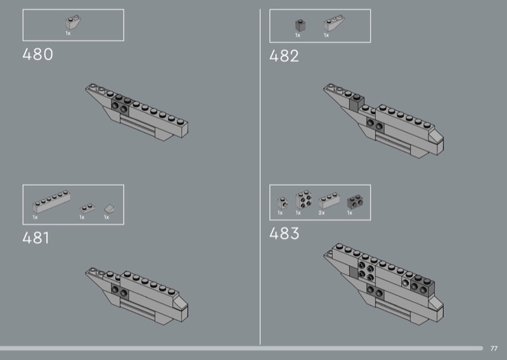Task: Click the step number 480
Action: pyautogui.click(x=37, y=55)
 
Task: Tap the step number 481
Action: pyautogui.click(x=35, y=238)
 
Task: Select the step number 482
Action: pyautogui.click(x=284, y=56)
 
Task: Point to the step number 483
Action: pyautogui.click(x=284, y=233)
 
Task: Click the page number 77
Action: pyautogui.click(x=494, y=348)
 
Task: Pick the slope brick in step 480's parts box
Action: pyautogui.click(x=70, y=23)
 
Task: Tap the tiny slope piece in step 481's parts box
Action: pyautogui.click(x=109, y=208)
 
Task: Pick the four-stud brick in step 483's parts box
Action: pyautogui.click(x=304, y=201)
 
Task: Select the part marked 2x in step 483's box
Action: pyautogui.click(x=328, y=202)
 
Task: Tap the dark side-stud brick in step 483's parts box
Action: pyautogui.click(x=354, y=202)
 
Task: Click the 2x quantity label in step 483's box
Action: pyautogui.click(x=322, y=214)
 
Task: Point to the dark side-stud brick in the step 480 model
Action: pyautogui.click(x=120, y=106)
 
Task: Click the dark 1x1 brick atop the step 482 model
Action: pyautogui.click(x=356, y=100)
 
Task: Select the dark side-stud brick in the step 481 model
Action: pyautogui.click(x=119, y=290)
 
